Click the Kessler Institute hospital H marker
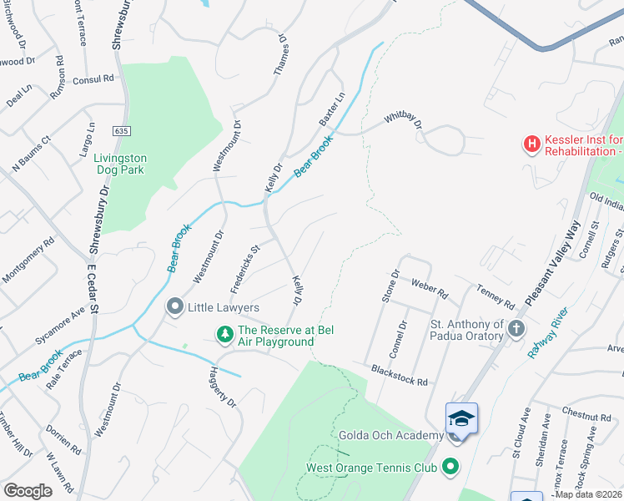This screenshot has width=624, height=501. pyautogui.click(x=531, y=145)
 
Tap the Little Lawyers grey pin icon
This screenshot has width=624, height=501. pyautogui.click(x=175, y=307)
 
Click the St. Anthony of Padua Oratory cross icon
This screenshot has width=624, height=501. pyautogui.click(x=516, y=329)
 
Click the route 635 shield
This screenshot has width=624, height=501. pyautogui.click(x=123, y=131)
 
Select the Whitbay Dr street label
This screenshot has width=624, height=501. pyautogui.click(x=404, y=122)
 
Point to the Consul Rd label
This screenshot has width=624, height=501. pyautogui.click(x=93, y=79)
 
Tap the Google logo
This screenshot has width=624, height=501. pyautogui.click(x=28, y=491)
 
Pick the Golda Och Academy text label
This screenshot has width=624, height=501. pyautogui.click(x=390, y=435)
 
